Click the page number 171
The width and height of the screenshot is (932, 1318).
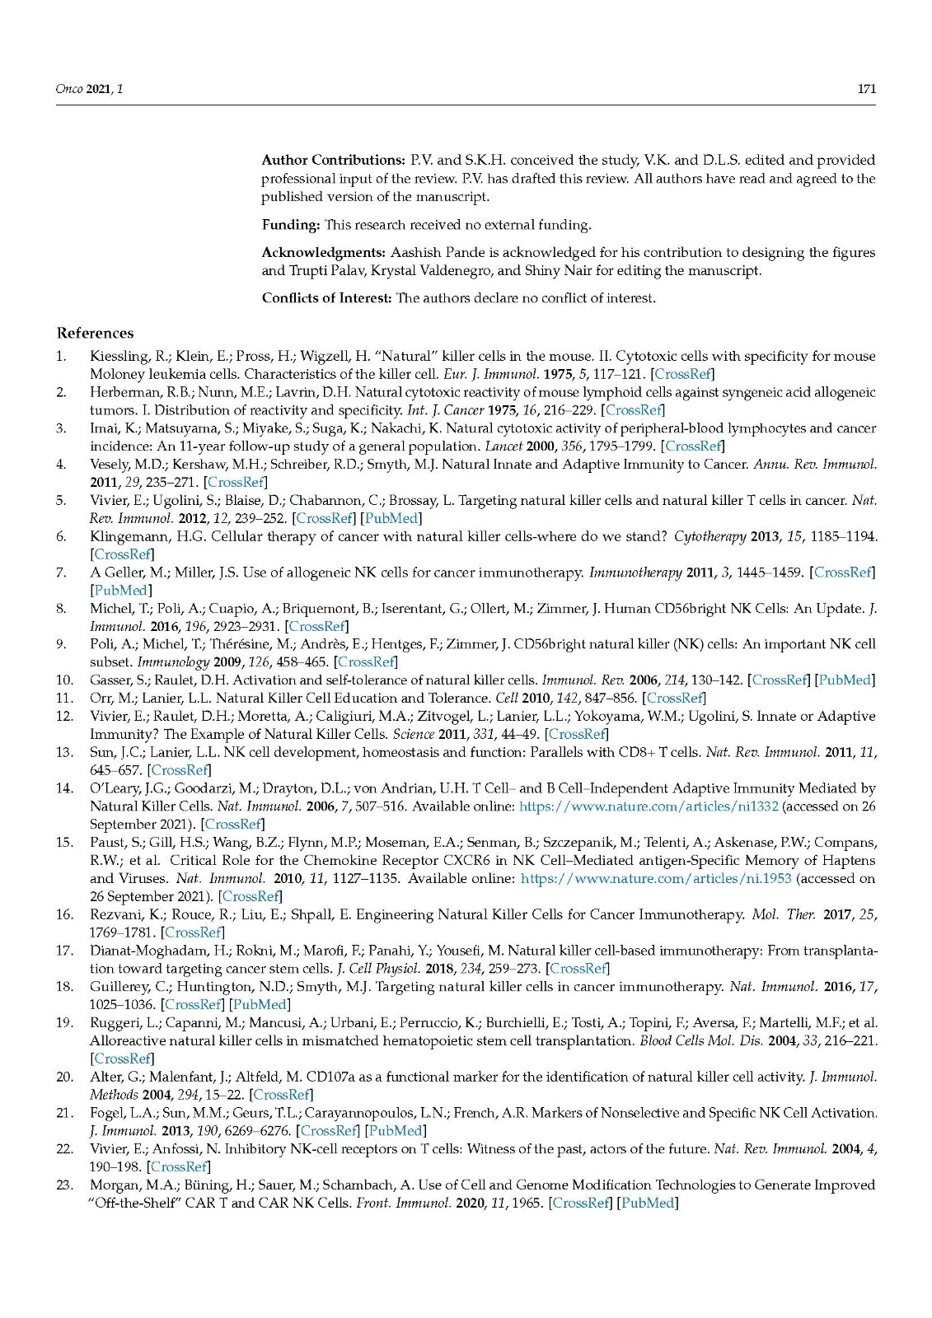866,89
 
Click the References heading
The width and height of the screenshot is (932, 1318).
95,333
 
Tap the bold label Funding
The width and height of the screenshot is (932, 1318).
291,224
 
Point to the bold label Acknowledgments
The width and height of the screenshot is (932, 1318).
323,252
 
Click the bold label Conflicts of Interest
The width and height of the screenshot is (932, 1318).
326,297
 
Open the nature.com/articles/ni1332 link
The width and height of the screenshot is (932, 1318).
649,806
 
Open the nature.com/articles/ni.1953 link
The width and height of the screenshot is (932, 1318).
656,878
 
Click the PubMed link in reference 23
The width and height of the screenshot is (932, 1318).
648,1203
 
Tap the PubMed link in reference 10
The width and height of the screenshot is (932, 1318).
845,680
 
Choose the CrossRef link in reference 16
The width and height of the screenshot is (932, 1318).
193,932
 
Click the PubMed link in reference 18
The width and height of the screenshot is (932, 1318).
260,1004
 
